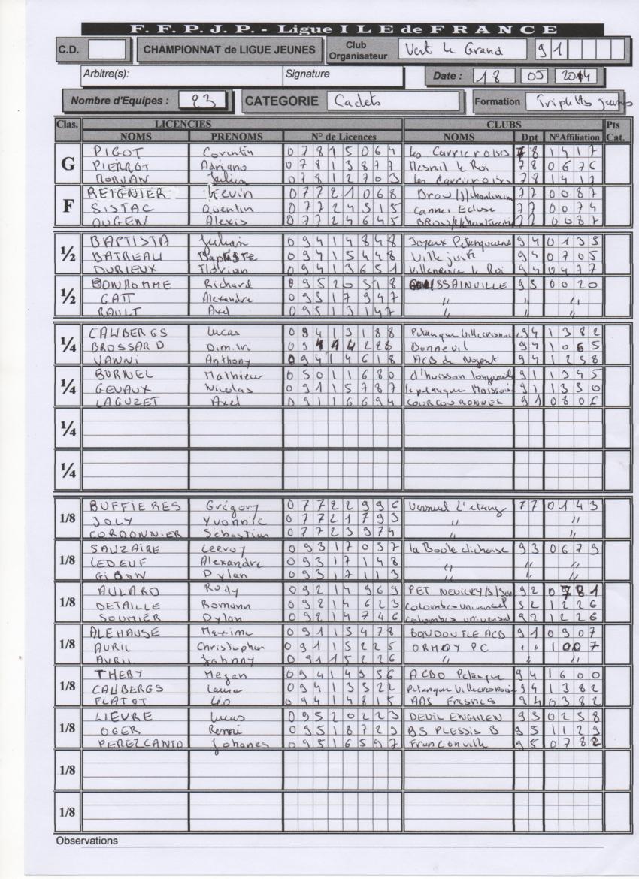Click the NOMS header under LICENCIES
(x=135, y=137)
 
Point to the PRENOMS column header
(x=236, y=137)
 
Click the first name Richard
(x=227, y=285)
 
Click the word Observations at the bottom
(x=87, y=841)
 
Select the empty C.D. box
(x=107, y=50)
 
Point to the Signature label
(x=307, y=74)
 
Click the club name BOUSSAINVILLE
(x=456, y=285)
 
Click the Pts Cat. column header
(x=616, y=131)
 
